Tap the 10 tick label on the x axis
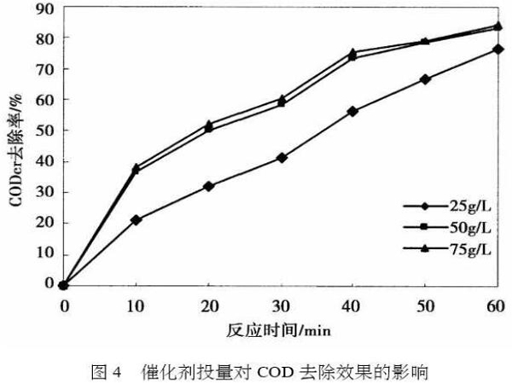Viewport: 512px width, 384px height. (136, 303)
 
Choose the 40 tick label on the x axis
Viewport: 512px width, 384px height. (352, 303)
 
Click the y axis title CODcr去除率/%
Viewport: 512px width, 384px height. (16, 146)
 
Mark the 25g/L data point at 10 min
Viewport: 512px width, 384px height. (136, 219)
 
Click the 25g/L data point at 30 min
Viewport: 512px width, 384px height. (281, 158)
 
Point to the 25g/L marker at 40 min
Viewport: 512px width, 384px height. (352, 111)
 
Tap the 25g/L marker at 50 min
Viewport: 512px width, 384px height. (425, 79)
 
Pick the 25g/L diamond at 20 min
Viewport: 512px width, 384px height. (208, 186)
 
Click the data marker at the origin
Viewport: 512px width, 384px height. (64, 284)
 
